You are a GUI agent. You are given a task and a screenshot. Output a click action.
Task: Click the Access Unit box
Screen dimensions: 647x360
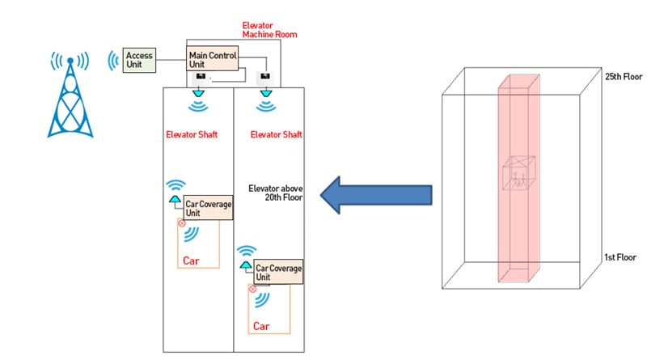click(139, 61)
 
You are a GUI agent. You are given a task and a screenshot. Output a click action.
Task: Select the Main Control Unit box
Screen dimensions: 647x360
click(212, 58)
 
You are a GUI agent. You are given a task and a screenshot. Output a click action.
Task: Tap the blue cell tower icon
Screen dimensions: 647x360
click(70, 95)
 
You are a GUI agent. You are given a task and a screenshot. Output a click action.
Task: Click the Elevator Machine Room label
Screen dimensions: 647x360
click(269, 30)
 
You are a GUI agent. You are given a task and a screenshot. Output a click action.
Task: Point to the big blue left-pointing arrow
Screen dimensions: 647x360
click(376, 195)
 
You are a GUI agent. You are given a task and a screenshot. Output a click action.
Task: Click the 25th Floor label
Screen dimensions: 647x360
click(624, 76)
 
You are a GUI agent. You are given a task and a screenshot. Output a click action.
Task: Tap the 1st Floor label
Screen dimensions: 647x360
click(620, 257)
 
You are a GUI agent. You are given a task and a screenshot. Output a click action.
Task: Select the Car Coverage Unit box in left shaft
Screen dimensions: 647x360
click(208, 208)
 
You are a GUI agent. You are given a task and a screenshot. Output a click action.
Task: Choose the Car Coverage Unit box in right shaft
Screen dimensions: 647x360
click(278, 272)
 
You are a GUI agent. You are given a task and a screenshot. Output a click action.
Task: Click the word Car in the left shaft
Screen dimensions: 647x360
click(191, 261)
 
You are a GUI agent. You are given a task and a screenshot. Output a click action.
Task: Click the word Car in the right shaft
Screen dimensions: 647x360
click(261, 326)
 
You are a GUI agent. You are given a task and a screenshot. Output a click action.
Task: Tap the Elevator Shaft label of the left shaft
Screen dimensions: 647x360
click(192, 134)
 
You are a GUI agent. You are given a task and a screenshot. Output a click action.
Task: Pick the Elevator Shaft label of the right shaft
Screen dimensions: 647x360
click(276, 134)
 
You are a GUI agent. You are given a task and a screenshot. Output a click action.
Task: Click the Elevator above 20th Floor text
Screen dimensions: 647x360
click(276, 193)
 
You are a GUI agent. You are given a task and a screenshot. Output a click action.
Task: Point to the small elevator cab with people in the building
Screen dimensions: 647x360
click(518, 173)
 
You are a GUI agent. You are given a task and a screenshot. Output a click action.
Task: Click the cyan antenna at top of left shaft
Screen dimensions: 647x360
click(198, 94)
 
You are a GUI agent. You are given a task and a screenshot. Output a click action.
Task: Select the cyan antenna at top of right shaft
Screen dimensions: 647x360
click(266, 94)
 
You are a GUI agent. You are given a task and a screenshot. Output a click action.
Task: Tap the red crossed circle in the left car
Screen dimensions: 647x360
click(181, 223)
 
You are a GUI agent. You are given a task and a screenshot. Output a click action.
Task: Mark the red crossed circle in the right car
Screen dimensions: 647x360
click(252, 289)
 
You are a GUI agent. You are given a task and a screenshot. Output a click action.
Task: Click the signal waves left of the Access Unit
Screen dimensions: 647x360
click(112, 61)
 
